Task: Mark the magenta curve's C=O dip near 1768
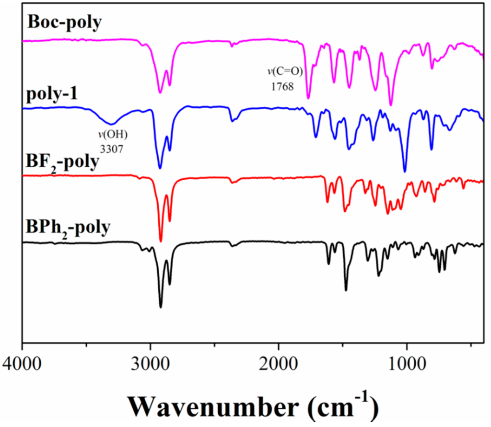308,98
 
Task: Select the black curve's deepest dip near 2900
161,307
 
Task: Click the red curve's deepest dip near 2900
161,241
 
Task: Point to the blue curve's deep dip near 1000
405,171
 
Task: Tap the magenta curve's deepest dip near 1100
391,105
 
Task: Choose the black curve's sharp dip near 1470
346,290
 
